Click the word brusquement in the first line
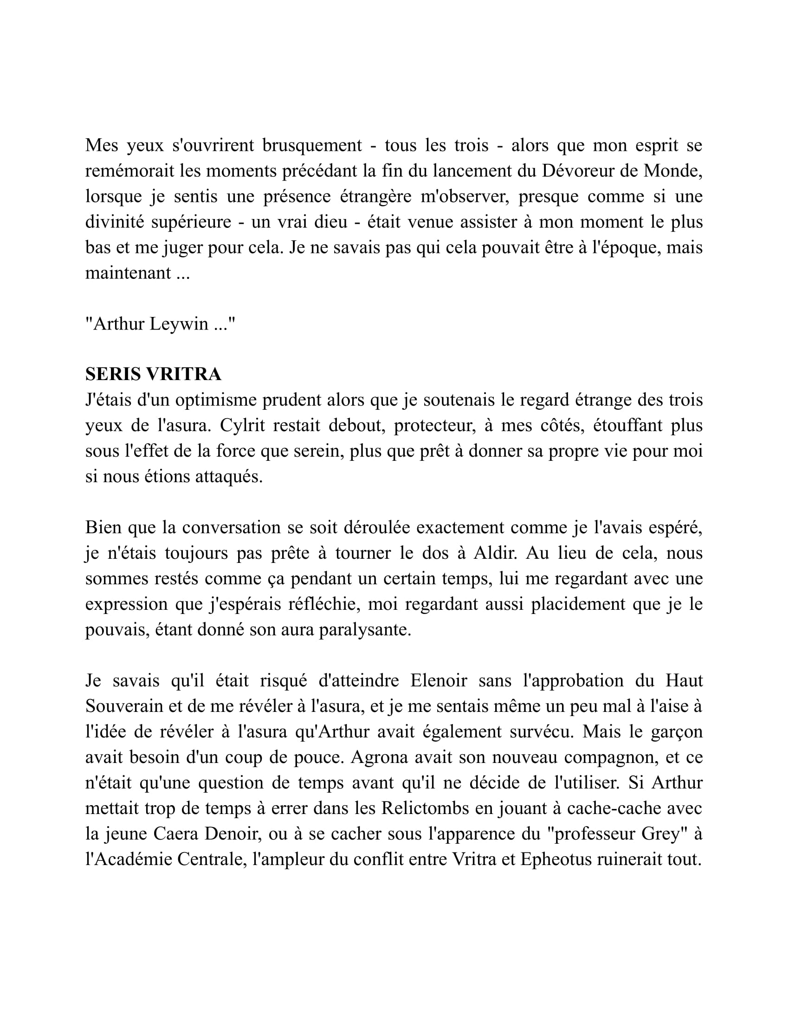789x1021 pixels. coord(312,146)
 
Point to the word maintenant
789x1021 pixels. coord(128,273)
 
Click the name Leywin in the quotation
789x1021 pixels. coord(179,324)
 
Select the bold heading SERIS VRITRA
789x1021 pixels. coord(153,375)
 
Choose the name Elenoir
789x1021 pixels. coord(439,681)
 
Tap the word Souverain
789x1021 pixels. coord(123,706)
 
